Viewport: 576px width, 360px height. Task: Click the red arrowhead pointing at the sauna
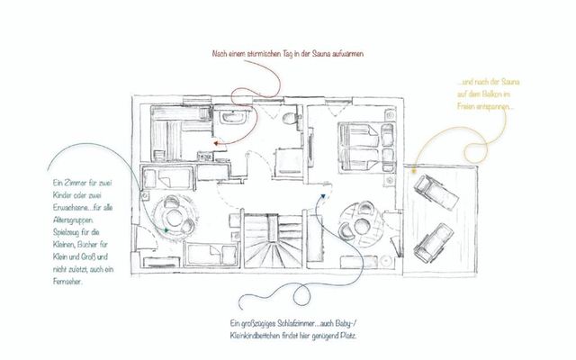pos(216,142)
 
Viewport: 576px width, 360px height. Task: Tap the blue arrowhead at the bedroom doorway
pos(320,192)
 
